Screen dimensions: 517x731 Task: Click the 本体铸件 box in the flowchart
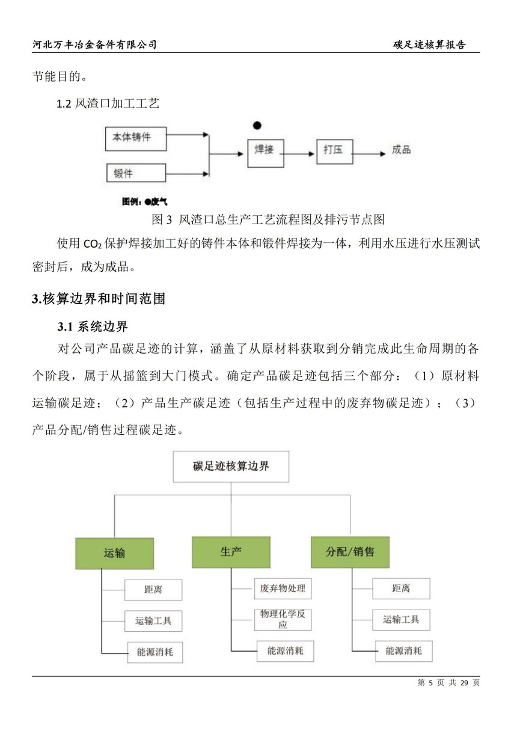click(136, 139)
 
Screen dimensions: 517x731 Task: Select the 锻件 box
click(136, 173)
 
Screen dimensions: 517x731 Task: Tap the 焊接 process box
click(266, 153)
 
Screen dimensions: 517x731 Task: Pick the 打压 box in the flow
click(335, 151)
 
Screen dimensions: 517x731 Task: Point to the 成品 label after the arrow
click(401, 150)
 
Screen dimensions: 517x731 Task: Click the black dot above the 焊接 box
click(257, 125)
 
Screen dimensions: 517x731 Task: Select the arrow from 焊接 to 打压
click(299, 154)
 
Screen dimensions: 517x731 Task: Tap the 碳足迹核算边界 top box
click(231, 466)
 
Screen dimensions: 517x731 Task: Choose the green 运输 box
click(115, 554)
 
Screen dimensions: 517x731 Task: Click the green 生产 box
click(231, 552)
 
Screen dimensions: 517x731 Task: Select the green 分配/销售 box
click(350, 552)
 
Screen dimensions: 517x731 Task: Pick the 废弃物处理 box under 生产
click(283, 589)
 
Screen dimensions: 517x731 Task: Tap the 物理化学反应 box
click(283, 619)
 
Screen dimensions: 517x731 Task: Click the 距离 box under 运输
click(153, 590)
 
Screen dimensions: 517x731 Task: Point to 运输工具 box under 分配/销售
click(401, 619)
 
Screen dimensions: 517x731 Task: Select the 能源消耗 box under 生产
click(286, 651)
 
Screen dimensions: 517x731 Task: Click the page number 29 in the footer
click(465, 683)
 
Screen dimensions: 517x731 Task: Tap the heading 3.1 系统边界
click(93, 326)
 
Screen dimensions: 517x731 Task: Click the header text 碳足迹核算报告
click(429, 44)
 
